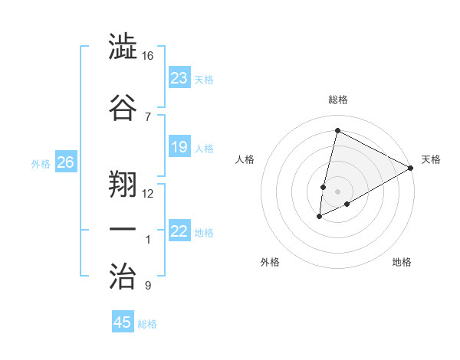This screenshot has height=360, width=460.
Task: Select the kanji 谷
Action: [123, 106]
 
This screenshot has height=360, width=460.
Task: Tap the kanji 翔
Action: [123, 181]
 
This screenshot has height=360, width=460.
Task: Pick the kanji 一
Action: [123, 229]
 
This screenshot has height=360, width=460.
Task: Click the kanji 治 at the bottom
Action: [123, 275]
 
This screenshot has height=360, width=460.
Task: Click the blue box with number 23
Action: [179, 78]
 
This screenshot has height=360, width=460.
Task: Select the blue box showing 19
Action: [179, 147]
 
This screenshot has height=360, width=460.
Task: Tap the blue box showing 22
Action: [179, 231]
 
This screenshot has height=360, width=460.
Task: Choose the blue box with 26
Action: [65, 162]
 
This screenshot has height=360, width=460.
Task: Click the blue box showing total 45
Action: [123, 322]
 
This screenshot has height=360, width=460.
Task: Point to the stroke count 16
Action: [147, 56]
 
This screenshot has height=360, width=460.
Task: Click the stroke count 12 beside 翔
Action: [148, 193]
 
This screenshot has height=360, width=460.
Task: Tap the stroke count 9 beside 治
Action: [148, 286]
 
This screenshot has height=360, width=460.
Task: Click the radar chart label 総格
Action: [338, 100]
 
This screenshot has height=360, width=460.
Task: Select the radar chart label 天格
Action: [431, 159]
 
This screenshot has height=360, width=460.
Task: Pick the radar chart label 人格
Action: [245, 159]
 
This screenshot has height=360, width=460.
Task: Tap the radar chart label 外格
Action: [270, 262]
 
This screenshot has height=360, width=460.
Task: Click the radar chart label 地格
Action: [402, 262]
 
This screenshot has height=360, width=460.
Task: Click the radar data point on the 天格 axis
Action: [411, 168]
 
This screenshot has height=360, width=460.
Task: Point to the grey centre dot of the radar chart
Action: [337, 191]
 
